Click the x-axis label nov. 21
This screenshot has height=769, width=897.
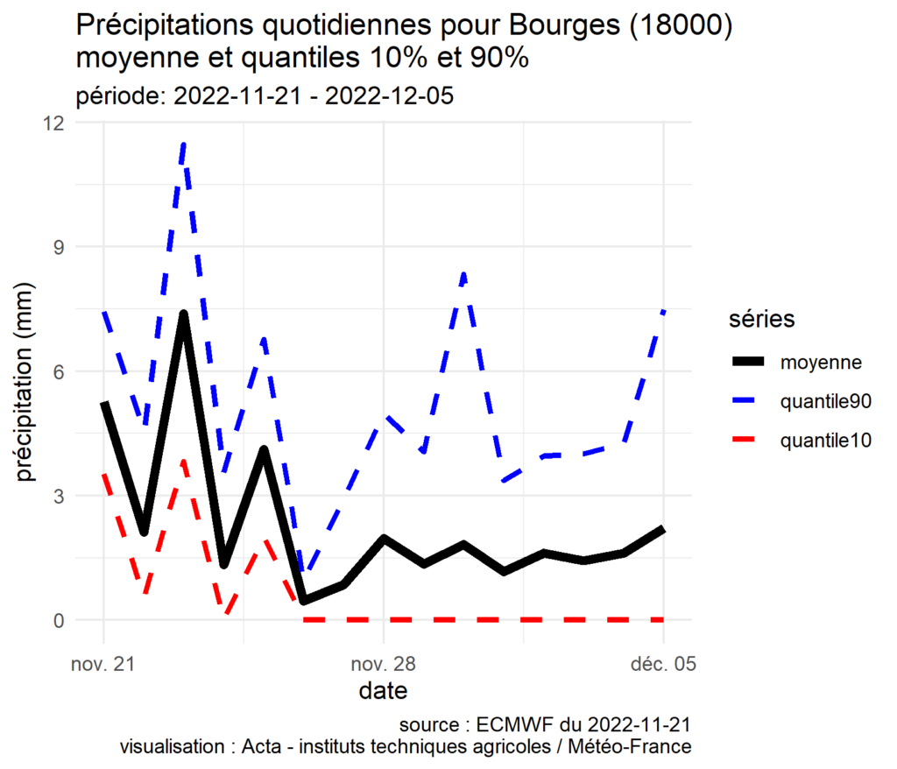coord(103,665)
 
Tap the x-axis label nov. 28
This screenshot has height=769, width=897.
coord(383,665)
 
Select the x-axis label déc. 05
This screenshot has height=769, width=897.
coord(663,665)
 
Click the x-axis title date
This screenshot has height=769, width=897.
coord(383,691)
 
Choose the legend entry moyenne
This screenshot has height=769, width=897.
coord(821,362)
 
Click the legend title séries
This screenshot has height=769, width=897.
coord(762,320)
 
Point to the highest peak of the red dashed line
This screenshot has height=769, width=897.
coord(184,460)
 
